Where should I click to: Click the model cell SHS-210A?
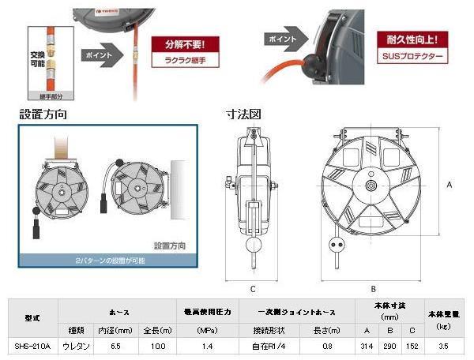click(32, 345)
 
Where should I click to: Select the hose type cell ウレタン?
click(76, 345)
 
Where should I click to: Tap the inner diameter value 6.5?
click(116, 345)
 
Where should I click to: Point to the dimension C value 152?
click(412, 345)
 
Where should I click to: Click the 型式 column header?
click(32, 317)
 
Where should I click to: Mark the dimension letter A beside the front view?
click(449, 184)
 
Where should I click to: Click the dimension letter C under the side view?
click(252, 287)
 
